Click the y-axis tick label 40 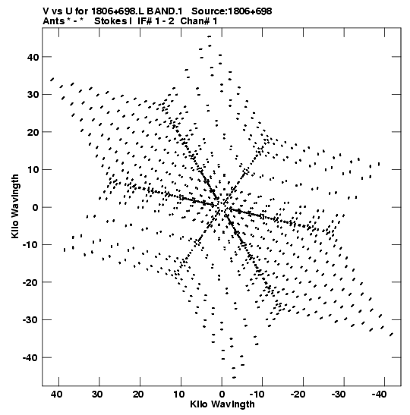pos(33,57)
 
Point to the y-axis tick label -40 pos(30,358)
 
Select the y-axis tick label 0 pos(36,207)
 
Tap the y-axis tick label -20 pos(30,282)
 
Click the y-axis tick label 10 pos(33,170)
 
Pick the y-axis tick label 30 pos(33,95)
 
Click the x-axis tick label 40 pos(56,395)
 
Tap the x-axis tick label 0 pos(222,395)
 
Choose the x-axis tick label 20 pos(138,395)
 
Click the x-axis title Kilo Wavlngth pos(222,404)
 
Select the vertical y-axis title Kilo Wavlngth pos(15,206)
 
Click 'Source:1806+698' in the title pos(232,11)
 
